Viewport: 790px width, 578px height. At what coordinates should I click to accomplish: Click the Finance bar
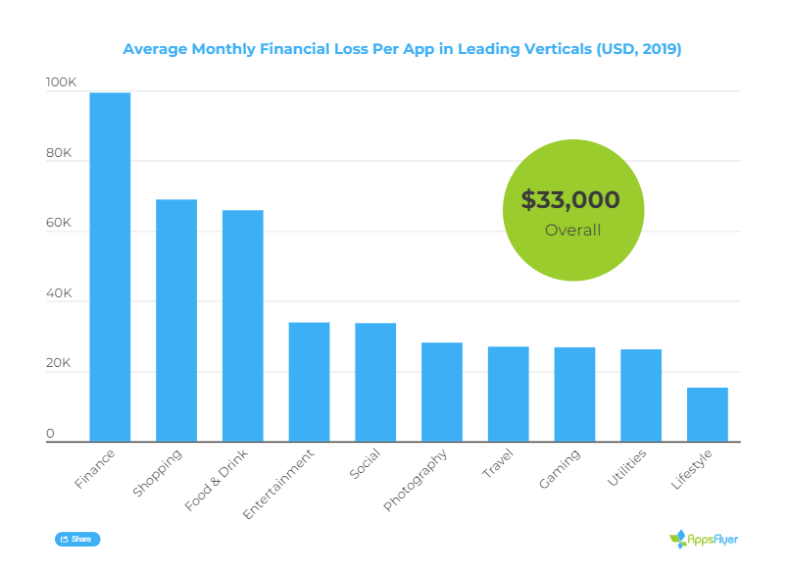tap(110, 267)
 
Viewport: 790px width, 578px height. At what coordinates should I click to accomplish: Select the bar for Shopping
tap(176, 320)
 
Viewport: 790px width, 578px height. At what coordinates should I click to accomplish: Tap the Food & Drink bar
tap(243, 326)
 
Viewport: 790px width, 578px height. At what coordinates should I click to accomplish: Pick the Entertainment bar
tap(309, 382)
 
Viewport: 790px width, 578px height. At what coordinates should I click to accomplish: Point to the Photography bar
tap(442, 392)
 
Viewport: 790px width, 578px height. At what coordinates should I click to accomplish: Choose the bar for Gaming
tap(574, 394)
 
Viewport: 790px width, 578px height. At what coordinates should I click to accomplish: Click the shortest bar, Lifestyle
tap(708, 414)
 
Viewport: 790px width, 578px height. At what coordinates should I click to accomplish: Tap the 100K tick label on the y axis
tap(61, 84)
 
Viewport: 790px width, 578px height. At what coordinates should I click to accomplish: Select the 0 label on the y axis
tap(50, 435)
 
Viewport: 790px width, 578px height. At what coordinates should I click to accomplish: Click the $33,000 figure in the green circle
tap(570, 200)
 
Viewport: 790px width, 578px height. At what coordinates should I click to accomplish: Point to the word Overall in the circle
tap(572, 231)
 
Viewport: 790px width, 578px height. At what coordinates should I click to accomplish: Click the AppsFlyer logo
tap(704, 539)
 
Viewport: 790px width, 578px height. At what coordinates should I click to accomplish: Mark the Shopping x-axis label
tap(157, 474)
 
